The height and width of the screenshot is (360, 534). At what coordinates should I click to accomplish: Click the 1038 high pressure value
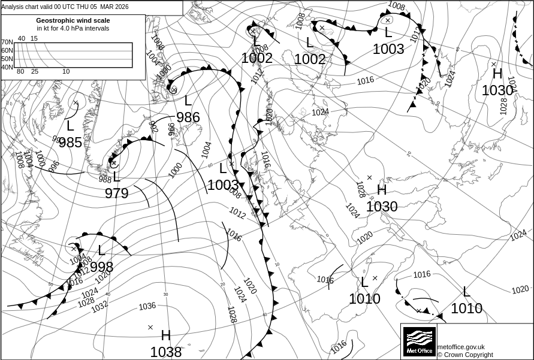coord(165,352)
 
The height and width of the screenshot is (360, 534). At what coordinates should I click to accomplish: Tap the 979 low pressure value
coord(116,193)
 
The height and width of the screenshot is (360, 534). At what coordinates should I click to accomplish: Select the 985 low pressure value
coord(70,142)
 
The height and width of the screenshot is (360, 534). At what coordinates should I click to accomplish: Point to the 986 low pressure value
coord(188,117)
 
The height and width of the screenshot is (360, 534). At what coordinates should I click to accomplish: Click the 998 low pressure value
coord(101,267)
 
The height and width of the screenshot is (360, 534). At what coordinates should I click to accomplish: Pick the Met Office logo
coord(419,341)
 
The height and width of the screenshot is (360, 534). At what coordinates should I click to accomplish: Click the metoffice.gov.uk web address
coord(461,347)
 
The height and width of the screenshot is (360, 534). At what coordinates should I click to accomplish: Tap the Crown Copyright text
coord(465,355)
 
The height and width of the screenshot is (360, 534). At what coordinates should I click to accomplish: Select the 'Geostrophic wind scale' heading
coord(73,20)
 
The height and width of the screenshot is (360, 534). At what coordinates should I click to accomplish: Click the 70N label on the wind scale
coord(7,42)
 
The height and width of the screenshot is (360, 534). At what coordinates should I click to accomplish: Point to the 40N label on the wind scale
coord(7,67)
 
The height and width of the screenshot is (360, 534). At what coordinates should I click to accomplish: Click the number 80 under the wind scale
coord(20,72)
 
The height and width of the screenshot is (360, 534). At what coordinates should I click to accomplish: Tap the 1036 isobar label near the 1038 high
coord(147,306)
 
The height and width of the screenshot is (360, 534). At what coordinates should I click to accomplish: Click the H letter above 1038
coord(166,335)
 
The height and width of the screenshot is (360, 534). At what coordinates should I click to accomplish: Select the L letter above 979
coord(117,177)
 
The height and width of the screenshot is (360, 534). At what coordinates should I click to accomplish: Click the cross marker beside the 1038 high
coord(150,327)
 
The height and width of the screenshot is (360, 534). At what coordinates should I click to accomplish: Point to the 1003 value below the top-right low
coord(388,49)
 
